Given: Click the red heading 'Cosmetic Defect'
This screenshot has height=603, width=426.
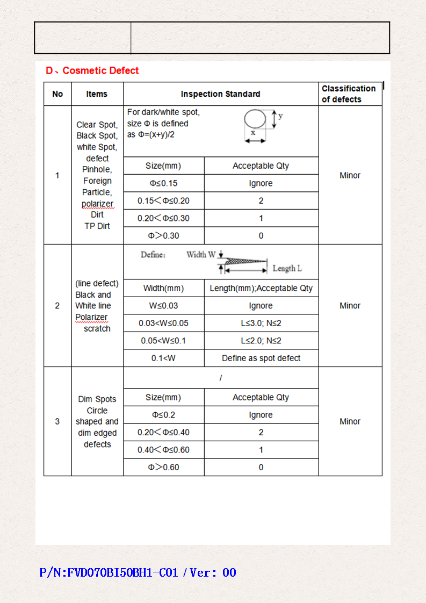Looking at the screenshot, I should tap(100, 70).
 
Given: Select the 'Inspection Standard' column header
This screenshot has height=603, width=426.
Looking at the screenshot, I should tap(220, 94).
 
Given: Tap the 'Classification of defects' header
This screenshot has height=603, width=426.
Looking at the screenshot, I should tap(349, 94).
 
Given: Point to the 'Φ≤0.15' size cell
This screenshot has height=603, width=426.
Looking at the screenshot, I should tap(163, 183).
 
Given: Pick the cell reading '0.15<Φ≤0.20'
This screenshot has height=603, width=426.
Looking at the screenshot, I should tap(163, 201).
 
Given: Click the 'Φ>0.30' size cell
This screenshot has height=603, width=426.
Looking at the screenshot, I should tap(163, 235).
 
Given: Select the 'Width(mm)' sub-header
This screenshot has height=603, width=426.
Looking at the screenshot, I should tap(163, 288).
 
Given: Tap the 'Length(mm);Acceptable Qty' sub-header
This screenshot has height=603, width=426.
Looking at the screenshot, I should tap(261, 288).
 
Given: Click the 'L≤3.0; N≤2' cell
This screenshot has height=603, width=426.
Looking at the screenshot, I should tap(261, 323).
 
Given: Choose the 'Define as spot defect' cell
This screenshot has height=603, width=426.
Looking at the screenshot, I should tap(261, 358).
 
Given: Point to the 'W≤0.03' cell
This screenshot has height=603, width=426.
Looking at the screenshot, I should tap(163, 306).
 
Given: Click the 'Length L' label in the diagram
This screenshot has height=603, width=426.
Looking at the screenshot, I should tap(287, 268).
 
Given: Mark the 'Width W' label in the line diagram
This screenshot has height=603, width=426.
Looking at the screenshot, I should tap(201, 255).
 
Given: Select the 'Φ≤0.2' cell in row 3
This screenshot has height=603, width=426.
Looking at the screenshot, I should tap(163, 415).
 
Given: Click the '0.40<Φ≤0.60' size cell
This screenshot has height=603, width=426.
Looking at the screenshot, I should tap(163, 450).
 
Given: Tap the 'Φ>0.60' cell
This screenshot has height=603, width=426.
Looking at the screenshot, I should tap(163, 467).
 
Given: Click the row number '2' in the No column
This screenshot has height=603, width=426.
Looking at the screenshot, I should tap(57, 306).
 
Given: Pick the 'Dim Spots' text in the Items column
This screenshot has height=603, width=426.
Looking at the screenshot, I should tap(97, 399).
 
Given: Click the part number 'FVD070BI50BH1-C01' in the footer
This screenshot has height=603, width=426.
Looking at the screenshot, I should tap(121, 573).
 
